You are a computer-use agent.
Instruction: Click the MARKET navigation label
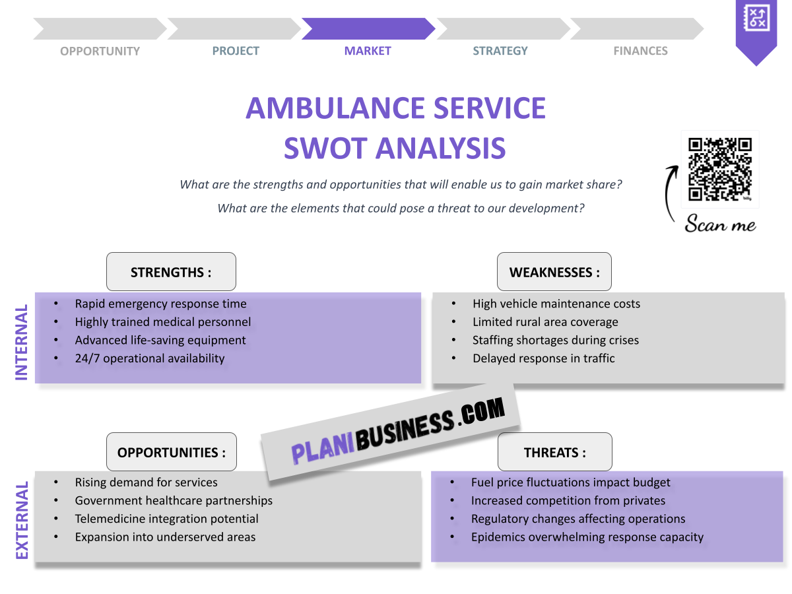click(368, 51)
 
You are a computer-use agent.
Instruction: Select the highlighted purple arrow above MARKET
click(368, 29)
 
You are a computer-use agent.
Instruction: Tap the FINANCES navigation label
click(640, 51)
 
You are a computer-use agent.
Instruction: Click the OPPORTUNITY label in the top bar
click(100, 51)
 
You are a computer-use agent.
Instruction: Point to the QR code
click(719, 169)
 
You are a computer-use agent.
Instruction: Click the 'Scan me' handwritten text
click(720, 224)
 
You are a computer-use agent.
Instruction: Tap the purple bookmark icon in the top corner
click(756, 30)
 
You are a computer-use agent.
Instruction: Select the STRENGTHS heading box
click(171, 272)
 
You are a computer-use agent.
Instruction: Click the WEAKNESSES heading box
click(554, 272)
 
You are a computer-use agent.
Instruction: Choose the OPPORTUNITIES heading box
click(171, 452)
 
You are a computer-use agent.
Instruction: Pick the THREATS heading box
click(554, 452)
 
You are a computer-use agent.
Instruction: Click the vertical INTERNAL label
click(22, 342)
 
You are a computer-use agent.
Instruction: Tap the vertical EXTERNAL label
click(22, 521)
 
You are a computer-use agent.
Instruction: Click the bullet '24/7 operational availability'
click(150, 358)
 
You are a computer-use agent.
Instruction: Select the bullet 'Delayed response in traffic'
click(543, 358)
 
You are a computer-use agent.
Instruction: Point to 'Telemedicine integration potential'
click(166, 519)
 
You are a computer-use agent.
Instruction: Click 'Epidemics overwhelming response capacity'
click(587, 537)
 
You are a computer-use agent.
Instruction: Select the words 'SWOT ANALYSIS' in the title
click(395, 148)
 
